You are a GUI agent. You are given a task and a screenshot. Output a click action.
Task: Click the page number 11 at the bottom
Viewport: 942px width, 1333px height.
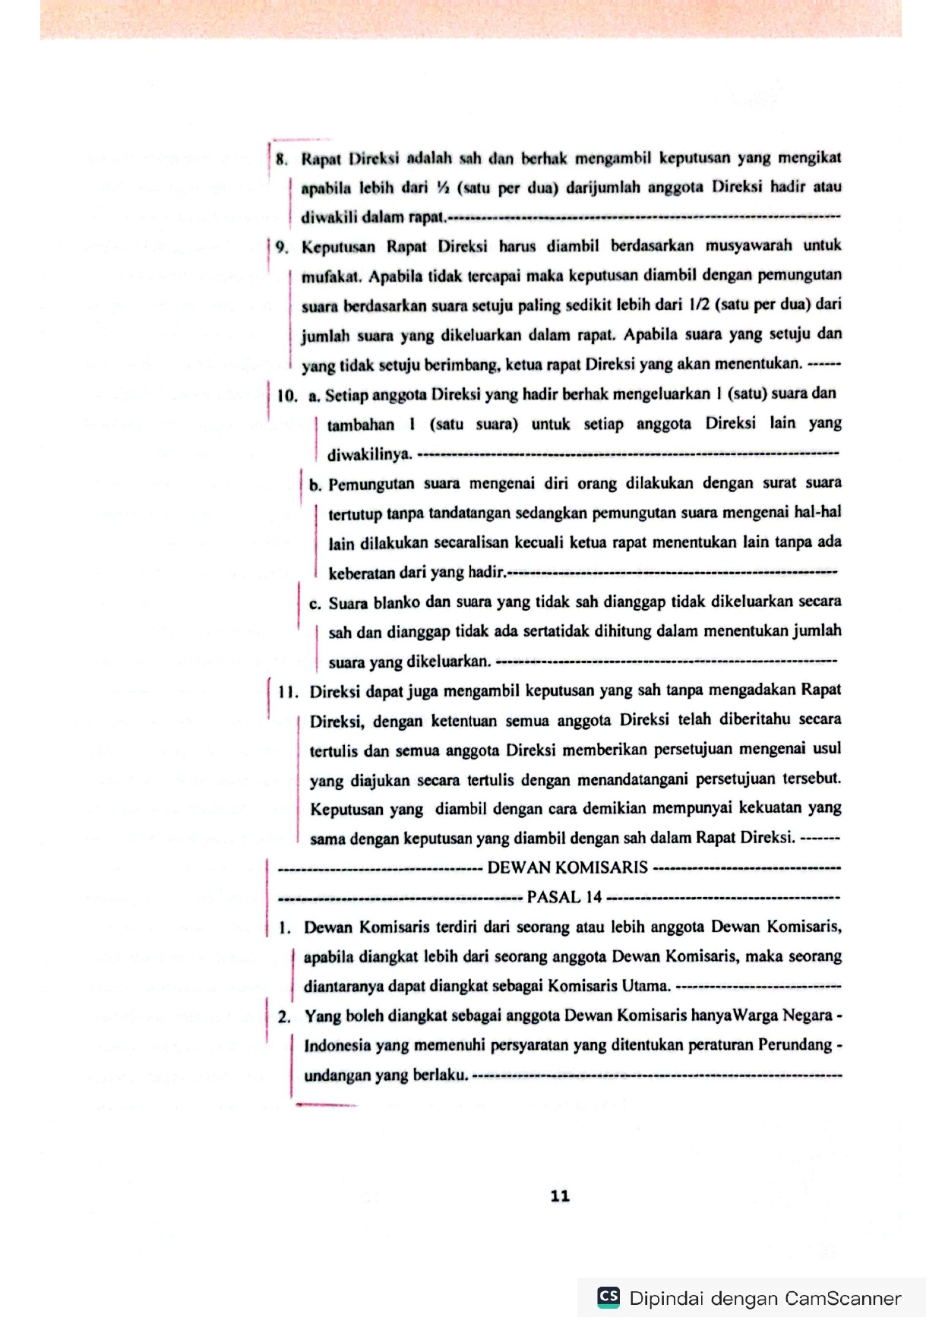pos(560,1196)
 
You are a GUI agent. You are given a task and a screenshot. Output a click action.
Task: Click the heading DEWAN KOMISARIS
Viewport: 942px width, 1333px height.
pos(567,867)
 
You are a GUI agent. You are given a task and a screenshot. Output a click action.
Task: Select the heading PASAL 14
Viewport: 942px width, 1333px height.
pos(564,897)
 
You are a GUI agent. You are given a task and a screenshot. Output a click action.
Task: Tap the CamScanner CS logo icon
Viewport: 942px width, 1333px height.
pos(609,1297)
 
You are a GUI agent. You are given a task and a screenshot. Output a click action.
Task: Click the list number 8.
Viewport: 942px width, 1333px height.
pos(282,159)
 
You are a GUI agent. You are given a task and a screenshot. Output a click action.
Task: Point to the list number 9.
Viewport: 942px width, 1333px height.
pos(282,247)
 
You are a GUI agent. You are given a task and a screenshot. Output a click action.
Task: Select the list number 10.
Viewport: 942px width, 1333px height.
pos(286,396)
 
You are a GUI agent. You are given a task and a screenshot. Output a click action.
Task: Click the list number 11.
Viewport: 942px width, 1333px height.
pos(287,692)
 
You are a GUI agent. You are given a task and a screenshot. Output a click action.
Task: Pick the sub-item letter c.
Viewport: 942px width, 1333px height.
pos(315,605)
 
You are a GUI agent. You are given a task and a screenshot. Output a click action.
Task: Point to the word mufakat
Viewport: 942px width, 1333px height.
pos(331,276)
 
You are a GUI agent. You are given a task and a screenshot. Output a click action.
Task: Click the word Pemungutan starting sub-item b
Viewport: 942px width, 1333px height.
pos(371,484)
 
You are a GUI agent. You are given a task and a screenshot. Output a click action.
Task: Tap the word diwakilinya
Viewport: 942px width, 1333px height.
pos(369,455)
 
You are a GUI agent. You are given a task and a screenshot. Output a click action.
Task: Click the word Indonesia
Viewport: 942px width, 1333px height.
pos(337,1046)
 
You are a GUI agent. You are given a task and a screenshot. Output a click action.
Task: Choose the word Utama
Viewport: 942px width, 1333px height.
pos(646,987)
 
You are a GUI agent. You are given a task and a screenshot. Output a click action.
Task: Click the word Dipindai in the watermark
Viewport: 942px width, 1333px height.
pos(666,1298)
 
